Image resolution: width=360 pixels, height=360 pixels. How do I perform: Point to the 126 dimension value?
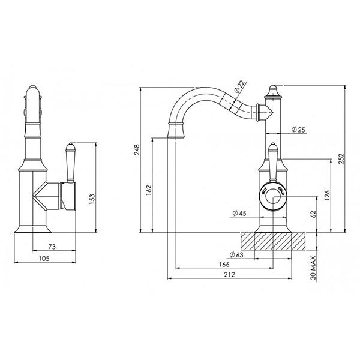tap(327, 196)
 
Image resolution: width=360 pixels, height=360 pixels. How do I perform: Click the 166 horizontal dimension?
tap(224, 264)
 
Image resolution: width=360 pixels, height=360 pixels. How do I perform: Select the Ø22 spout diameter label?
tap(238, 88)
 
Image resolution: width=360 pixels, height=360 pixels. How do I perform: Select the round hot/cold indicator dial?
tap(274, 193)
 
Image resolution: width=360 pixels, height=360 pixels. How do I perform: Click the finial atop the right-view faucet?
tap(272, 92)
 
